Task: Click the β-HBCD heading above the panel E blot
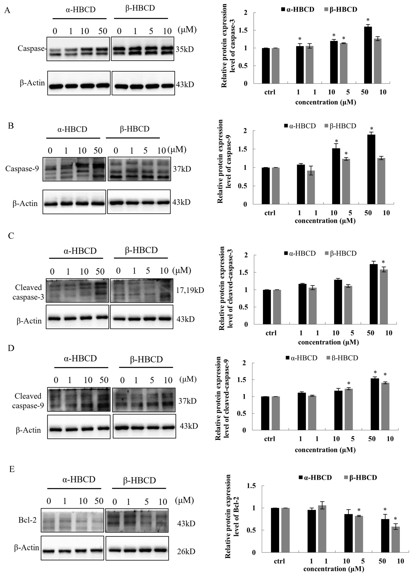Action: coord(139,480)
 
